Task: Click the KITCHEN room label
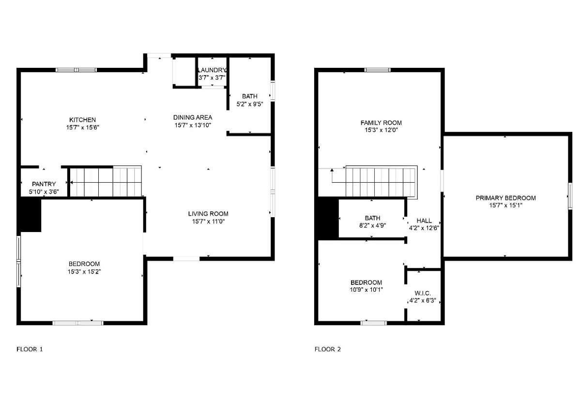82,120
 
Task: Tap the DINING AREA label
193,118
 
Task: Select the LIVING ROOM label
208,214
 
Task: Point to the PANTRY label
44,184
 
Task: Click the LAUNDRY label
212,70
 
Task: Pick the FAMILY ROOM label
381,123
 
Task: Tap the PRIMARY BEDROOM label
506,198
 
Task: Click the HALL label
424,221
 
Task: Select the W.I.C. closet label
423,293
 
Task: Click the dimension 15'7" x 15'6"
82,127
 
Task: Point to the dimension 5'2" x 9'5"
250,104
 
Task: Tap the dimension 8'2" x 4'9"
372,226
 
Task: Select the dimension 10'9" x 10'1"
366,290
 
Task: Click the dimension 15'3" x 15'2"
84,272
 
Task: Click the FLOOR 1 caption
30,349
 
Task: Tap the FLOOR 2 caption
328,349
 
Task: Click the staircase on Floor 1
106,182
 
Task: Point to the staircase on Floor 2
382,182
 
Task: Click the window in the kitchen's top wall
76,70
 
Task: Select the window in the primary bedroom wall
570,196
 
